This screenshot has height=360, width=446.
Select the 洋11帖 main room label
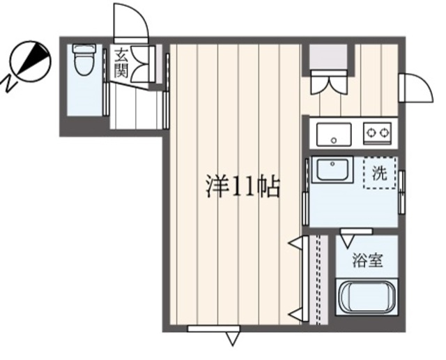click(242, 186)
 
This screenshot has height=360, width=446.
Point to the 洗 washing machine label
click(378, 174)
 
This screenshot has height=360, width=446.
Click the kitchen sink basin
click(334, 133)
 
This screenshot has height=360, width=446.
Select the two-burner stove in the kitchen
click(378, 131)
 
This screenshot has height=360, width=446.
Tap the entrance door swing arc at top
click(131, 21)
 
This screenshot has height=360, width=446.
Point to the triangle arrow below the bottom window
click(233, 339)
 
